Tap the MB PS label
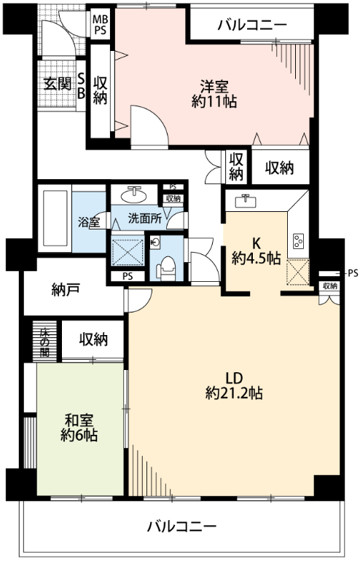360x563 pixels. click(x=101, y=25)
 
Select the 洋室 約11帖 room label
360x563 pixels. click(x=214, y=94)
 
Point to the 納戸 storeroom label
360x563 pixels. click(x=66, y=290)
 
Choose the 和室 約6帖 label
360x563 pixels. click(x=79, y=428)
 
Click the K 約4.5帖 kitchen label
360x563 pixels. click(x=257, y=251)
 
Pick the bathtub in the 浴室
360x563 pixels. click(x=55, y=218)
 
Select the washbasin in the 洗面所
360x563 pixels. click(x=134, y=195)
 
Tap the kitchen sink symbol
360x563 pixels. click(x=246, y=201)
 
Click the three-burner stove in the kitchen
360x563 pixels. click(x=299, y=241)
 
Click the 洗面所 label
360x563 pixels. click(x=144, y=218)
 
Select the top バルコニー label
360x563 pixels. click(x=253, y=25)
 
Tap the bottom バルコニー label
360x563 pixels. click(x=182, y=527)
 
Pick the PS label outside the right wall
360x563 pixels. click(x=353, y=274)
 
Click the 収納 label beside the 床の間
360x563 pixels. click(x=93, y=339)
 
